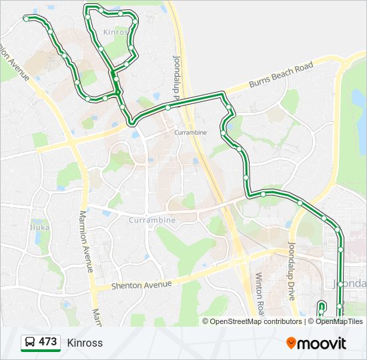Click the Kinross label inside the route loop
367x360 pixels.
[x=115, y=32]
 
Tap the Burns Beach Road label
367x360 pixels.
[x=281, y=76]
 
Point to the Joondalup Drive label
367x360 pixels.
[x=292, y=270]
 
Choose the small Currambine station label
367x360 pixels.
[x=190, y=133]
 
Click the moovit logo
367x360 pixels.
[x=316, y=343]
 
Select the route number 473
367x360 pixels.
[x=47, y=342]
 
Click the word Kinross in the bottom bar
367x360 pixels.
[x=85, y=343]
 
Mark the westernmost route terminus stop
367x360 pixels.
[x=26, y=19]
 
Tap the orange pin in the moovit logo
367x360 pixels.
[x=292, y=343]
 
